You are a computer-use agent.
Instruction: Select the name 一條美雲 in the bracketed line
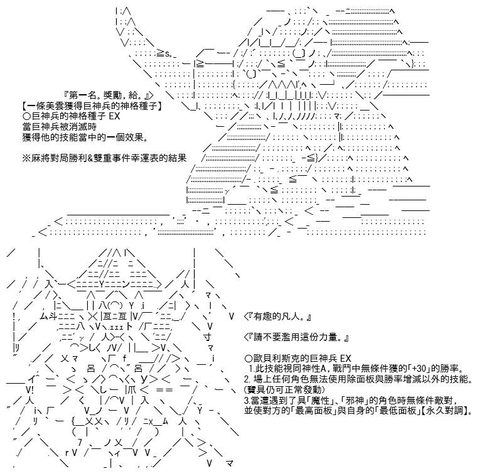point(46,105)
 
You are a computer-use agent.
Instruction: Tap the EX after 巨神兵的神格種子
point(115,116)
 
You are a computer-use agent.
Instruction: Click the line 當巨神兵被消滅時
point(60,127)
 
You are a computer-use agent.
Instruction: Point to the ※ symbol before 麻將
point(26,158)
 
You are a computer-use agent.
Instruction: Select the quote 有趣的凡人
point(277,316)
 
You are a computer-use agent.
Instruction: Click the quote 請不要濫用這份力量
point(296,337)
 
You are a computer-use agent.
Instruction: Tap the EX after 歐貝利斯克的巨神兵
point(346,359)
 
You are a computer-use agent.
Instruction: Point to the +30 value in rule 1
point(419,369)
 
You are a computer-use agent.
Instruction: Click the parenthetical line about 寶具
point(284,390)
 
